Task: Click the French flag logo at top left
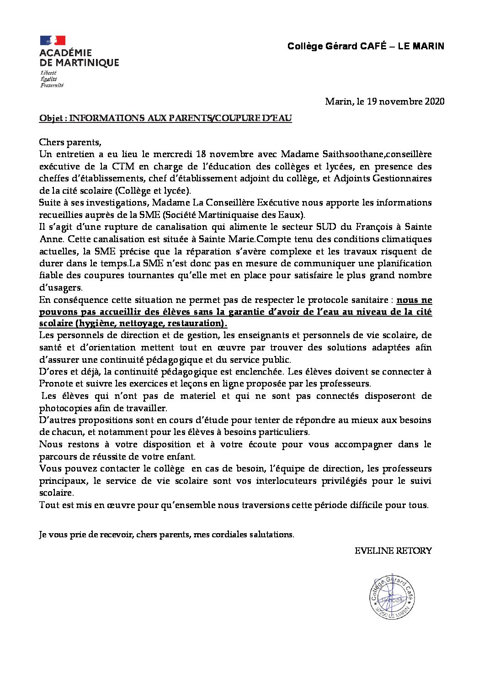53,40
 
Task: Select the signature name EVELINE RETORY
393,551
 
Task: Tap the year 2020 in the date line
434,101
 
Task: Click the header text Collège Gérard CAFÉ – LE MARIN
365,46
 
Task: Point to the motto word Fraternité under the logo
52,85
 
